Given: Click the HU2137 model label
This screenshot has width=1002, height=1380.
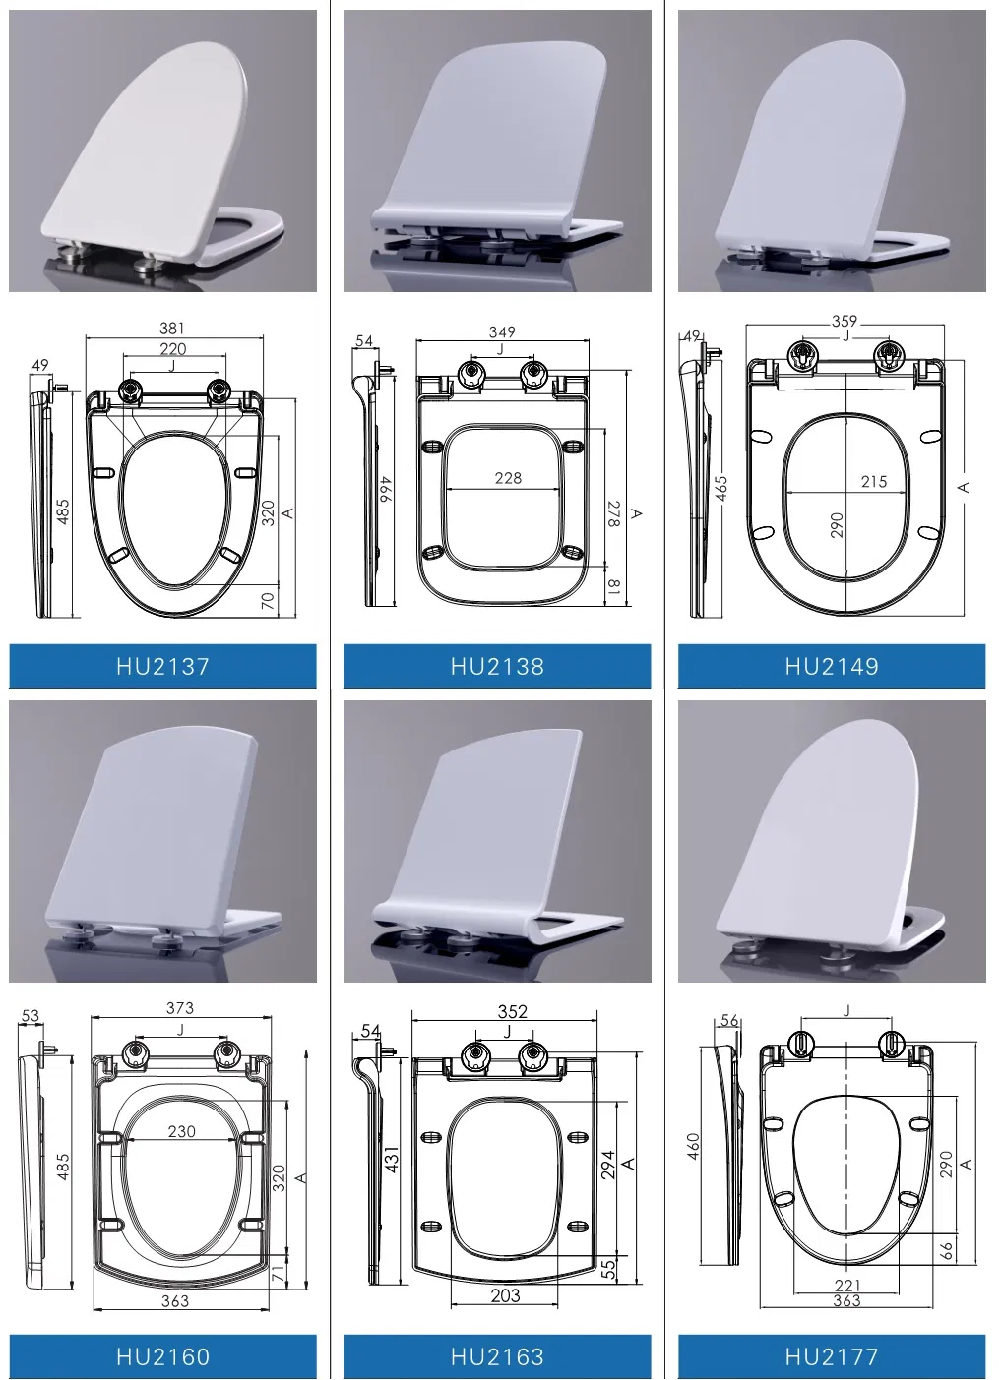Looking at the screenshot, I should click(x=162, y=666).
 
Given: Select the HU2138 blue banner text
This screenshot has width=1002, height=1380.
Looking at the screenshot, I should click(x=497, y=666).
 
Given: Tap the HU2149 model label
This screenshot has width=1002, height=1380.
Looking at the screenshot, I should click(x=832, y=666).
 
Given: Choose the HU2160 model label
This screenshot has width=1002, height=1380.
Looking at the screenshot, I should click(x=162, y=1356).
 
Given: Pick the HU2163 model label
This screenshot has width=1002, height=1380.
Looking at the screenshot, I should click(x=497, y=1356).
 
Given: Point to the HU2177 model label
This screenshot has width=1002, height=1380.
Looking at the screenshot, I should click(x=832, y=1356).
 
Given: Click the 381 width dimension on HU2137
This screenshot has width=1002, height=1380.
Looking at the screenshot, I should click(x=172, y=329).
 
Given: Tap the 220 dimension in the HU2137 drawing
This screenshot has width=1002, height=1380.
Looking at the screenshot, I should click(x=172, y=348).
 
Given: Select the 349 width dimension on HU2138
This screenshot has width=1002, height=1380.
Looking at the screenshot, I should click(x=502, y=331).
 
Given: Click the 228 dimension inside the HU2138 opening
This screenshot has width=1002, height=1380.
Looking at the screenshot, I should click(x=508, y=478).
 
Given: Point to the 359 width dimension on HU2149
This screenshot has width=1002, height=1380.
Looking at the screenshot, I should click(x=845, y=321).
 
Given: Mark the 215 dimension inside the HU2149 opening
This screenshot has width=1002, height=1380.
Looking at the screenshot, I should click(x=874, y=481).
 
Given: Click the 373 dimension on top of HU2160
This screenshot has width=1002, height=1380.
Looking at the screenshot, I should click(x=180, y=1008).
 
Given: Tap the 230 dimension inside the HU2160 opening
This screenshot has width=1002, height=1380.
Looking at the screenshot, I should click(x=182, y=1131).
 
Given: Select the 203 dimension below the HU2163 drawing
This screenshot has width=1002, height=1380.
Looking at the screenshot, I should click(x=505, y=1295).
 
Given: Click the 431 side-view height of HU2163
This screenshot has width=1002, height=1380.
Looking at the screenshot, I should click(x=392, y=1161).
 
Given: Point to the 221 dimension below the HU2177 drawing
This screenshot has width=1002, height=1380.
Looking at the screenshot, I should click(x=847, y=1285).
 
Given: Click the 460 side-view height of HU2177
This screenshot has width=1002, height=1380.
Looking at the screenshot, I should click(x=693, y=1145).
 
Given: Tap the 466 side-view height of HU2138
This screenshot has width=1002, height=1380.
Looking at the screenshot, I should click(x=387, y=489).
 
